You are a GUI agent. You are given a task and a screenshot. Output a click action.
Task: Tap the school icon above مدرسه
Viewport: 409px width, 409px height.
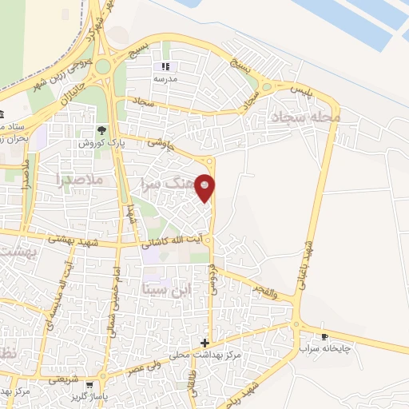[165, 67]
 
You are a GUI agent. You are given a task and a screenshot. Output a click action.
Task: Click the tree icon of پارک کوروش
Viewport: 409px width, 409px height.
[101, 130]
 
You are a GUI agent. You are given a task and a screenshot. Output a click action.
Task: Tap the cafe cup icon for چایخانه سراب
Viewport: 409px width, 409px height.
[324, 336]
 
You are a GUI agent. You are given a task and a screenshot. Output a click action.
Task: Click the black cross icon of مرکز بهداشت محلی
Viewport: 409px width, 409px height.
[205, 342]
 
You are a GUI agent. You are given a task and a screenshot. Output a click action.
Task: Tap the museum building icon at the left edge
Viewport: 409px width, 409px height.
[3, 113]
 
